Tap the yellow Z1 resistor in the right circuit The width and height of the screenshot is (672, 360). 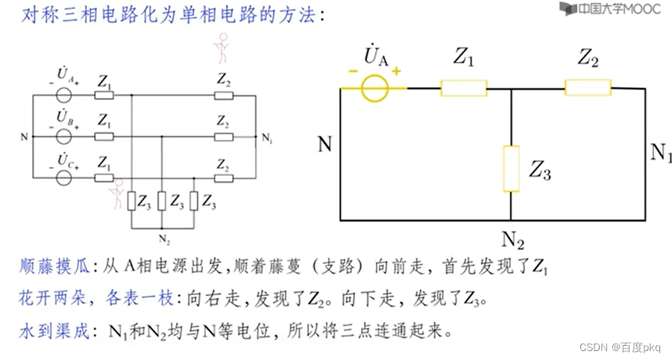463,88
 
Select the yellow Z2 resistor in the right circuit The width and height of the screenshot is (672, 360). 587,88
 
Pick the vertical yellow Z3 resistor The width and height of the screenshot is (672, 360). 511,168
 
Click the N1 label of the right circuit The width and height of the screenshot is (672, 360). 661,154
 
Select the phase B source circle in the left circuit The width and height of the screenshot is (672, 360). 64,136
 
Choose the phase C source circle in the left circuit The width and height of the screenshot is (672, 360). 64,178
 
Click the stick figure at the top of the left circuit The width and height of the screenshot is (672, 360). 219,51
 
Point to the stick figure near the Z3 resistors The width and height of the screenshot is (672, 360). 116,198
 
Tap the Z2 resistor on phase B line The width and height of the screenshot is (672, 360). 222,136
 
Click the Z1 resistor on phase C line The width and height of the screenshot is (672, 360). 104,178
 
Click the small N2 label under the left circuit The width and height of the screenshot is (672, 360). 162,239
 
